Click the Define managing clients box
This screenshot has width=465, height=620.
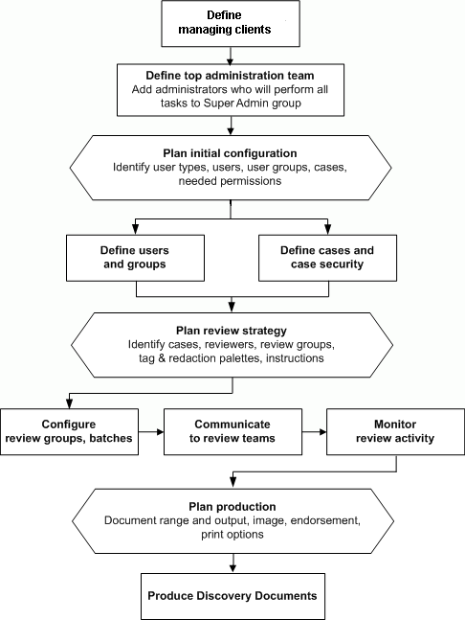point(232,23)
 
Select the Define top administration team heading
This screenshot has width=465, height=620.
point(232,75)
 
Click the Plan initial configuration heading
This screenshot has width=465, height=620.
point(231,153)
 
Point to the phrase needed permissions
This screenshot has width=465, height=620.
point(231,181)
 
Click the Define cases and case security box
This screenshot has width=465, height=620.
point(326,257)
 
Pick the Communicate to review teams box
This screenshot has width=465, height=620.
point(232,431)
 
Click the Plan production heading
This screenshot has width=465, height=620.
point(231,506)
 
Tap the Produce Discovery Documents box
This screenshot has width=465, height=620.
point(232,595)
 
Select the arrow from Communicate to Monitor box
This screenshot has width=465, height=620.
point(313,432)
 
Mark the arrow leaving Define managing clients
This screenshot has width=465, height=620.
point(232,55)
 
